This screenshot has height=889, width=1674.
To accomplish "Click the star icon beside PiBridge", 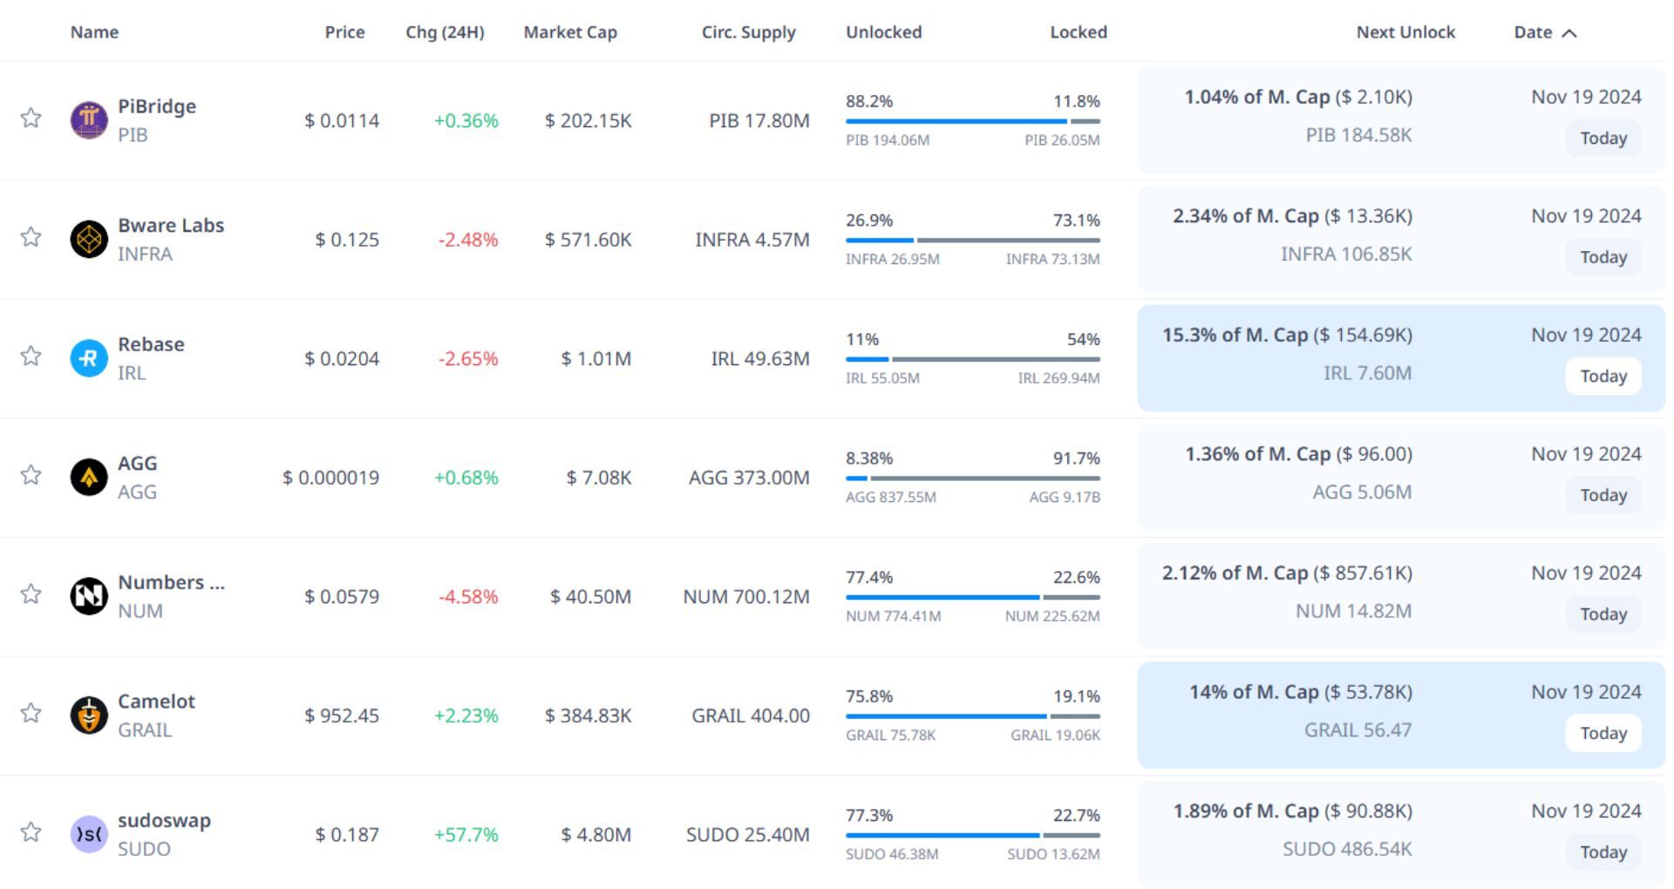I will pyautogui.click(x=31, y=118).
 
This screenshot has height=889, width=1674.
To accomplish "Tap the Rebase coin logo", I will pyautogui.click(x=88, y=358).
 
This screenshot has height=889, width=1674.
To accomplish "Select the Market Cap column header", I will pyautogui.click(x=570, y=32).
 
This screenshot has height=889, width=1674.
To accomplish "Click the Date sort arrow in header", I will pyautogui.click(x=1569, y=33).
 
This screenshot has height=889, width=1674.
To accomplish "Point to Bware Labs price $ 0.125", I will pyautogui.click(x=347, y=240).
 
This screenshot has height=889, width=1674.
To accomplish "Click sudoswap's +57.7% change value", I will pyautogui.click(x=466, y=835).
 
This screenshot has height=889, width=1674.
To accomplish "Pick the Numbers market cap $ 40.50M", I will pyautogui.click(x=590, y=597).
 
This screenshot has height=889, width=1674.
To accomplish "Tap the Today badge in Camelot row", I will pyautogui.click(x=1603, y=733).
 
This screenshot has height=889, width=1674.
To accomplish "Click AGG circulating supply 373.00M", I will pyautogui.click(x=749, y=478).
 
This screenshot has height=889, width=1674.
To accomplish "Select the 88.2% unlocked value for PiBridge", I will pyautogui.click(x=869, y=101).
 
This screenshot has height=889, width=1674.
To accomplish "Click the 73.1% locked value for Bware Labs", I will pyautogui.click(x=1076, y=221).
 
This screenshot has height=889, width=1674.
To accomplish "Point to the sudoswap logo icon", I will pyautogui.click(x=88, y=834).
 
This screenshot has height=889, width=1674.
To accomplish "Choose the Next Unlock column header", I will pyautogui.click(x=1405, y=32).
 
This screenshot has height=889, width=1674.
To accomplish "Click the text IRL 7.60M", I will pyautogui.click(x=1367, y=373).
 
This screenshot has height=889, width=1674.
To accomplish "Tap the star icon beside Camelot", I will pyautogui.click(x=31, y=713).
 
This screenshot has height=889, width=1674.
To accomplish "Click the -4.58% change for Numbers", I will pyautogui.click(x=468, y=597).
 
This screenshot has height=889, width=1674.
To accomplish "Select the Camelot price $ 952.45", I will pyautogui.click(x=342, y=716).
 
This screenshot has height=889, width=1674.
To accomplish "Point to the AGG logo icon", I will pyautogui.click(x=88, y=477).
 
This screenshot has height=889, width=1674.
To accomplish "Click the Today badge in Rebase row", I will pyautogui.click(x=1603, y=376).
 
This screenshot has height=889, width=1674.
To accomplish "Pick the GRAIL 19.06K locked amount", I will pyautogui.click(x=1055, y=736).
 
